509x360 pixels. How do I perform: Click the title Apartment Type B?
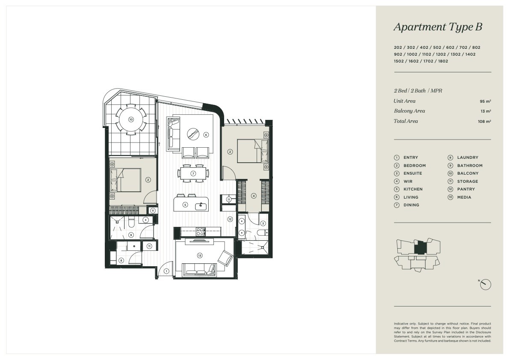coord(438,27)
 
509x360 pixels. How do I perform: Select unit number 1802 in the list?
coord(443,61)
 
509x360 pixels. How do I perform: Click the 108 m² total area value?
coord(484,122)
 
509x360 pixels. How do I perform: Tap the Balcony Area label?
coord(409,111)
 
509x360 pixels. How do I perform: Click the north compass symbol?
coord(485,284)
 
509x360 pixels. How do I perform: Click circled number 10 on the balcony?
coord(131,119)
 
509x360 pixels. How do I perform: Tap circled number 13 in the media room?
coord(199,256)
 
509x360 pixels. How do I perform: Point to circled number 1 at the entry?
coord(166,271)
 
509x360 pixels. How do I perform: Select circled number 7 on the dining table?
coord(193,173)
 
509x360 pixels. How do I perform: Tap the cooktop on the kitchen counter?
coord(200,232)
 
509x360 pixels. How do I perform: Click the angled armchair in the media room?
coord(225,259)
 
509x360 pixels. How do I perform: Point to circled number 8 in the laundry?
coord(121,260)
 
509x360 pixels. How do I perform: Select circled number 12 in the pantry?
coord(230,219)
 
